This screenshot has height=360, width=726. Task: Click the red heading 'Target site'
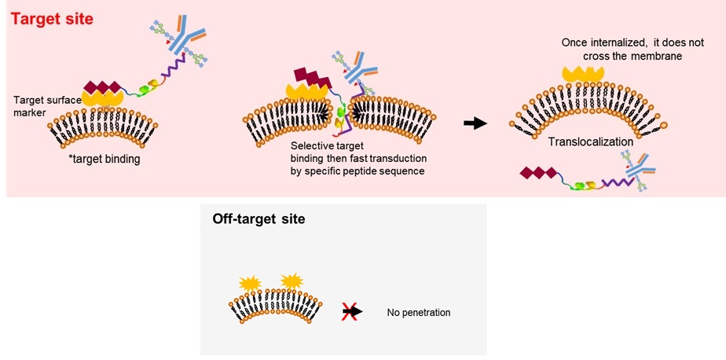[52, 18]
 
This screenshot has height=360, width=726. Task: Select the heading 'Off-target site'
[258, 219]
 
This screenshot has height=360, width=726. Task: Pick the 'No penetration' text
[419, 312]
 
